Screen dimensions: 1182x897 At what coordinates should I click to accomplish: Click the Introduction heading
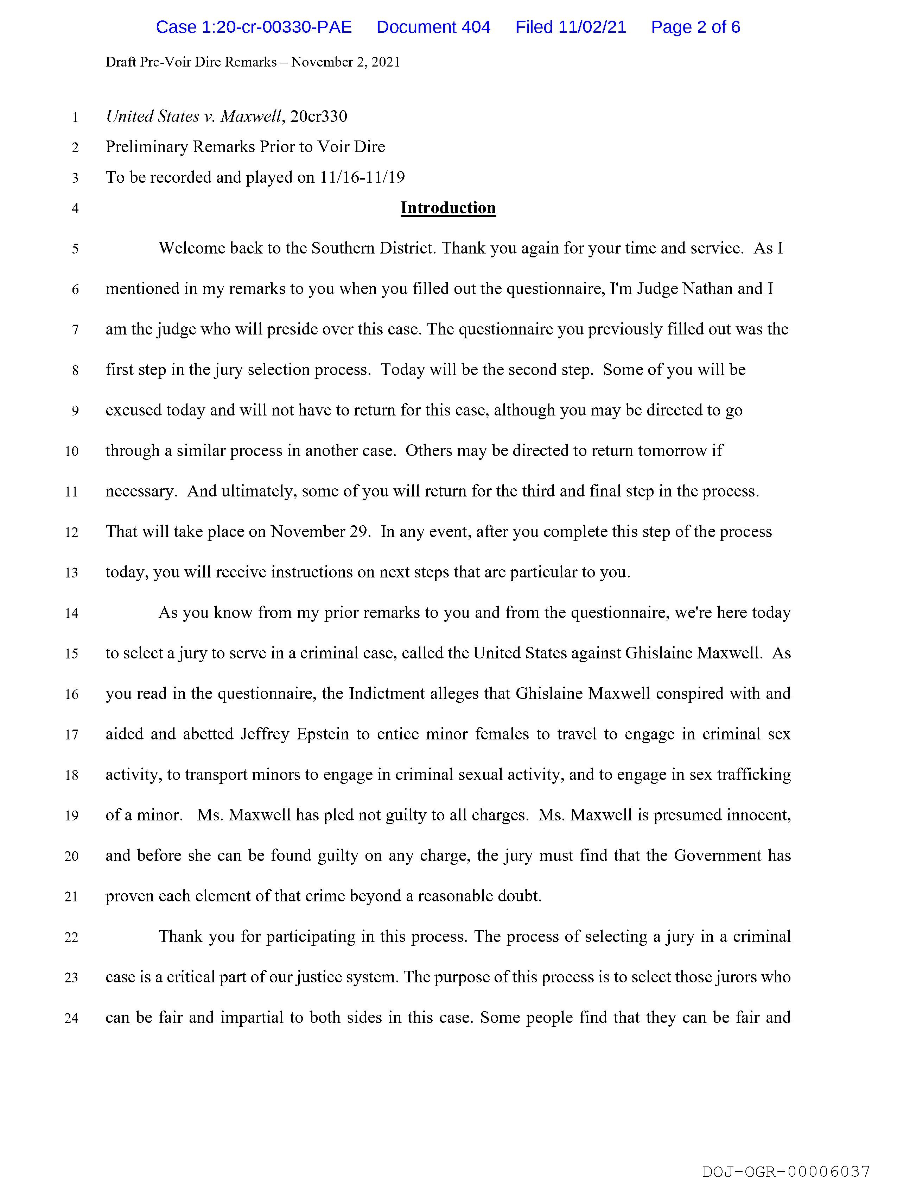point(448,208)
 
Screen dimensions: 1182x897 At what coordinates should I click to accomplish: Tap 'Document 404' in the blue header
point(433,27)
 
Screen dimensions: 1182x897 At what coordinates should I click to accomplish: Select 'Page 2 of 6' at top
point(695,27)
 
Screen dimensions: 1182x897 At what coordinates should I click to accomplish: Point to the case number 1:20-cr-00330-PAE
point(254,27)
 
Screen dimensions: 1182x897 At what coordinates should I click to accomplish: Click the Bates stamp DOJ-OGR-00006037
point(786,1171)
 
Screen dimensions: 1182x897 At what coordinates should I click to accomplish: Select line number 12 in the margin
point(71,533)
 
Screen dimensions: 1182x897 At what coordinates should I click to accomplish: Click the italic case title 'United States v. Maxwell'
point(193,117)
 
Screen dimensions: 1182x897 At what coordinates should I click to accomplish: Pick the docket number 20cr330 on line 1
point(319,117)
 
